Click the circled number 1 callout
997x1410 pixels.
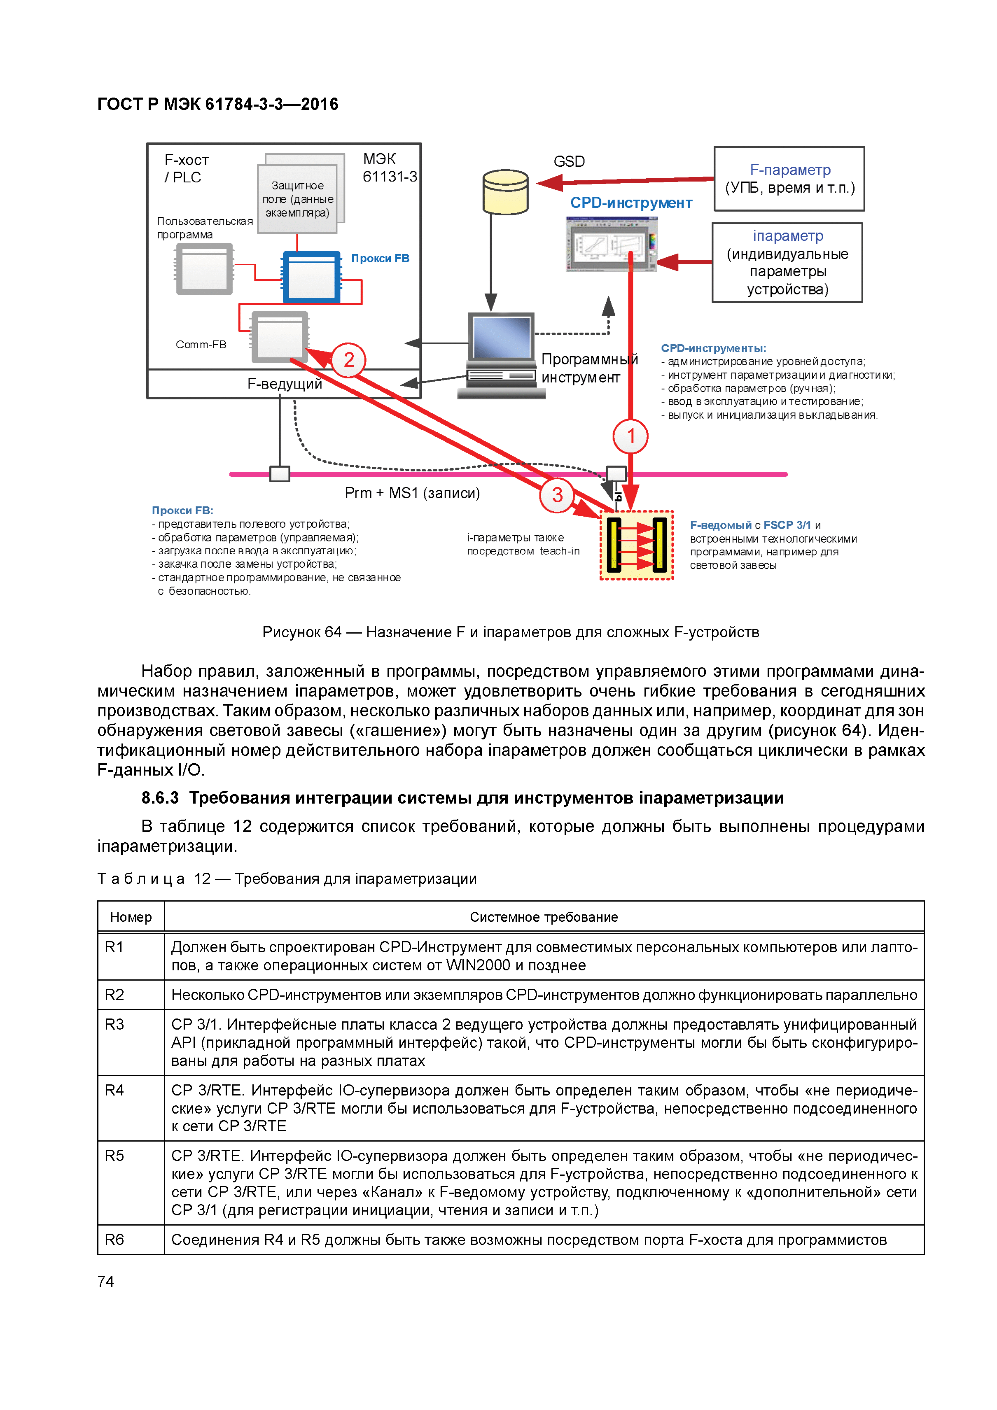tap(630, 436)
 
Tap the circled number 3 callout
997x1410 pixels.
tap(556, 494)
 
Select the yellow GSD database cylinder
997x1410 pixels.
tap(506, 192)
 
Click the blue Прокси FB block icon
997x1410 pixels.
tap(311, 277)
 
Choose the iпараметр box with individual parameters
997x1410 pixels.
tap(787, 263)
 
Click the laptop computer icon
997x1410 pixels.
tap(501, 355)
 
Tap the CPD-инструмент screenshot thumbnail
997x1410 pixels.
tap(611, 245)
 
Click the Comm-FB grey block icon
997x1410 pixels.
tap(280, 336)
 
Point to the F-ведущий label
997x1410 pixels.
tap(285, 384)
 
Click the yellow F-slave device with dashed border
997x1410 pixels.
tap(636, 545)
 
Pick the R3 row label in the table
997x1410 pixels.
tap(115, 1024)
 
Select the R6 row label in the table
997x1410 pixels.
tap(115, 1239)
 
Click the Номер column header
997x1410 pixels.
tap(131, 917)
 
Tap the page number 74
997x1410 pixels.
tap(106, 1281)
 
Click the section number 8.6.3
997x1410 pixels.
tap(160, 798)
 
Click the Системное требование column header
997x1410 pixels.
tap(544, 917)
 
